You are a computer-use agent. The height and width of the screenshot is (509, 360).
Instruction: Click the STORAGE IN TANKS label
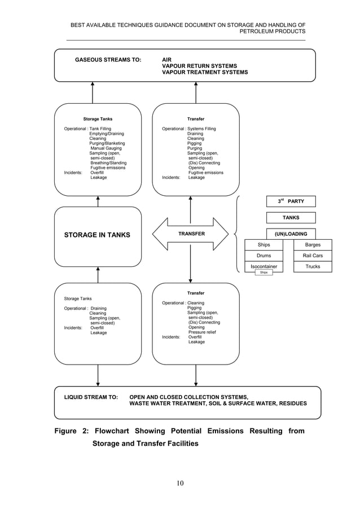[96, 235]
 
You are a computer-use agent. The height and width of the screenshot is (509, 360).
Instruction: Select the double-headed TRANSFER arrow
[191, 234]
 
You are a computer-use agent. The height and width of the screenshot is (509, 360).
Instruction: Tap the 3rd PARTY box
[291, 201]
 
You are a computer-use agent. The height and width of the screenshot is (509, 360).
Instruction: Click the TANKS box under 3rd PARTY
[291, 217]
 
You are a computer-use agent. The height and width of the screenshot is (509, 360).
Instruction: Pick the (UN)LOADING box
[291, 234]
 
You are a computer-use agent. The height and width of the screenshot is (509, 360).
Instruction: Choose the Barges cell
[313, 245]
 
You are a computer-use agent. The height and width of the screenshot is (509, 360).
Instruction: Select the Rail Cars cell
[313, 256]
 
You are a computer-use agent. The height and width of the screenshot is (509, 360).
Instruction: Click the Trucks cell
[313, 266]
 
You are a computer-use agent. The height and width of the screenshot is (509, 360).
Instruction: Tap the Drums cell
[264, 256]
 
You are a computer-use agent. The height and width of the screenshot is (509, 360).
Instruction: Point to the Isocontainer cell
[264, 266]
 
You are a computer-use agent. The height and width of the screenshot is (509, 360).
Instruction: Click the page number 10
[180, 482]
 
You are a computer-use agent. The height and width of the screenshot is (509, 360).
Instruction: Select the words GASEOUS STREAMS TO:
[108, 59]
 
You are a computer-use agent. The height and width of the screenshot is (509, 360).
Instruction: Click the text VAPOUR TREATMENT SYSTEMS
[205, 72]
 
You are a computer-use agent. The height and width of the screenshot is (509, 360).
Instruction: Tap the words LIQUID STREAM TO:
[90, 397]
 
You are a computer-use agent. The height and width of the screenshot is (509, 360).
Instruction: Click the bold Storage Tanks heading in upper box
[98, 119]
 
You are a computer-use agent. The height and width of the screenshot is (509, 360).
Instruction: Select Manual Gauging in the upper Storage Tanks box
[106, 148]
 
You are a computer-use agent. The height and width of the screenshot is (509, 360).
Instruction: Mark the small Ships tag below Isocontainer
[263, 273]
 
